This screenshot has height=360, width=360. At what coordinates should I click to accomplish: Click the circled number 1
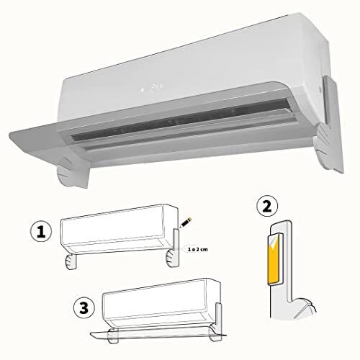[x=41, y=232]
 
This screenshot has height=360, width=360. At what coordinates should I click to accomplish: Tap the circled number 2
[x=267, y=206]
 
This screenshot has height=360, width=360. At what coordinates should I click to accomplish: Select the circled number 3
[x=84, y=307]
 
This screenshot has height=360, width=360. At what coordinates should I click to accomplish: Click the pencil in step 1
[x=186, y=222]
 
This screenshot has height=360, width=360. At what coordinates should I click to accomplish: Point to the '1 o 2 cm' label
[x=198, y=250]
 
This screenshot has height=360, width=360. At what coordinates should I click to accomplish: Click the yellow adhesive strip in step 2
[x=273, y=261]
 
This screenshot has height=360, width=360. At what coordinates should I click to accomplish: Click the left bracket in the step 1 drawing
[x=71, y=261]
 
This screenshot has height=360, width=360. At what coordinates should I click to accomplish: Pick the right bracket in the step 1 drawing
[x=171, y=258]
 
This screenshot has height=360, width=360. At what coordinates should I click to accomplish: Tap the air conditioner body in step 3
[x=161, y=303]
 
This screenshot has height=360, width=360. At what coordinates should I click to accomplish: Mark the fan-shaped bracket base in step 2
[x=303, y=308]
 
